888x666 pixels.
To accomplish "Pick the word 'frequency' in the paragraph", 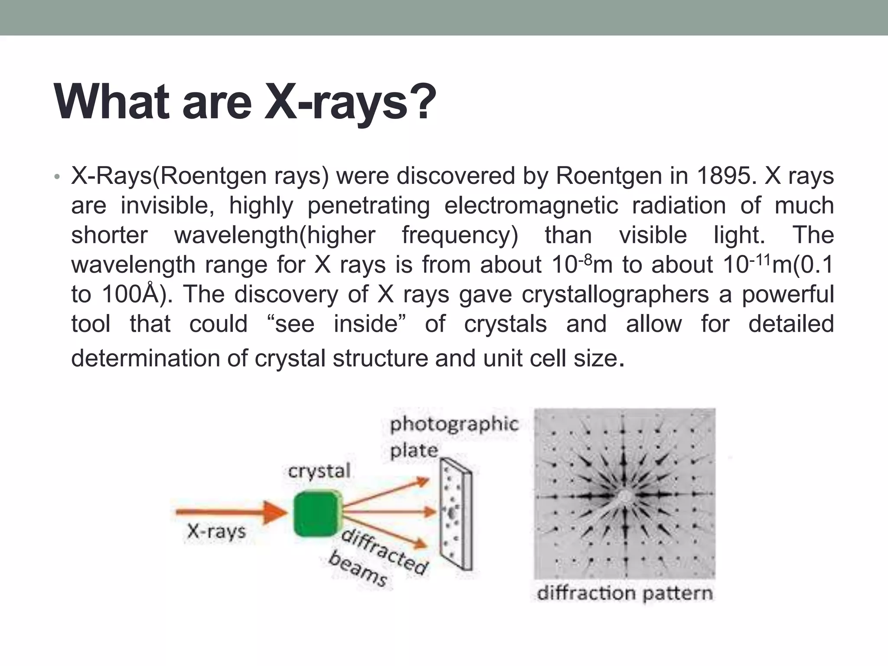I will click(460, 235).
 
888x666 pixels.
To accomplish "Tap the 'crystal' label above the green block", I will click(319, 471).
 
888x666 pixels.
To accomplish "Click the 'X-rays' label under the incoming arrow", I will click(216, 532).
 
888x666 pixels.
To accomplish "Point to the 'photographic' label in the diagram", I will click(454, 424).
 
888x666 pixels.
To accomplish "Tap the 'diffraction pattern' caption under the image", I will click(624, 594).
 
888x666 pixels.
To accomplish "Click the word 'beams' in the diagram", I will click(357, 568).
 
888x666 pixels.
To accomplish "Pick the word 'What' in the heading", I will click(111, 102).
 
